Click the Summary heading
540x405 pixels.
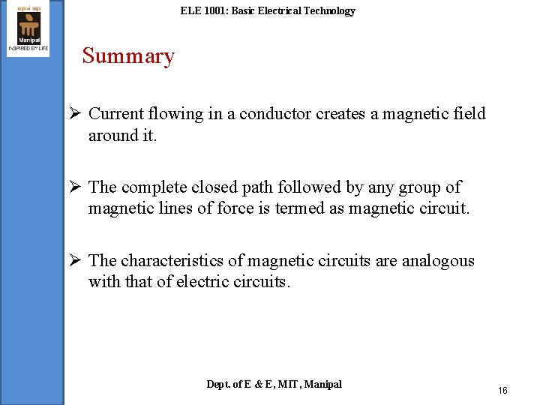[128, 56]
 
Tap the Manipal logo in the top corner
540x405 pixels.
[28, 28]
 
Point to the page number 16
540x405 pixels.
[502, 391]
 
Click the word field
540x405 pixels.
[469, 114]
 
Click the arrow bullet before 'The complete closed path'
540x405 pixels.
[74, 187]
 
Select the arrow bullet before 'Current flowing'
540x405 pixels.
[74, 114]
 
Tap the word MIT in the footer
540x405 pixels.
[289, 384]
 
